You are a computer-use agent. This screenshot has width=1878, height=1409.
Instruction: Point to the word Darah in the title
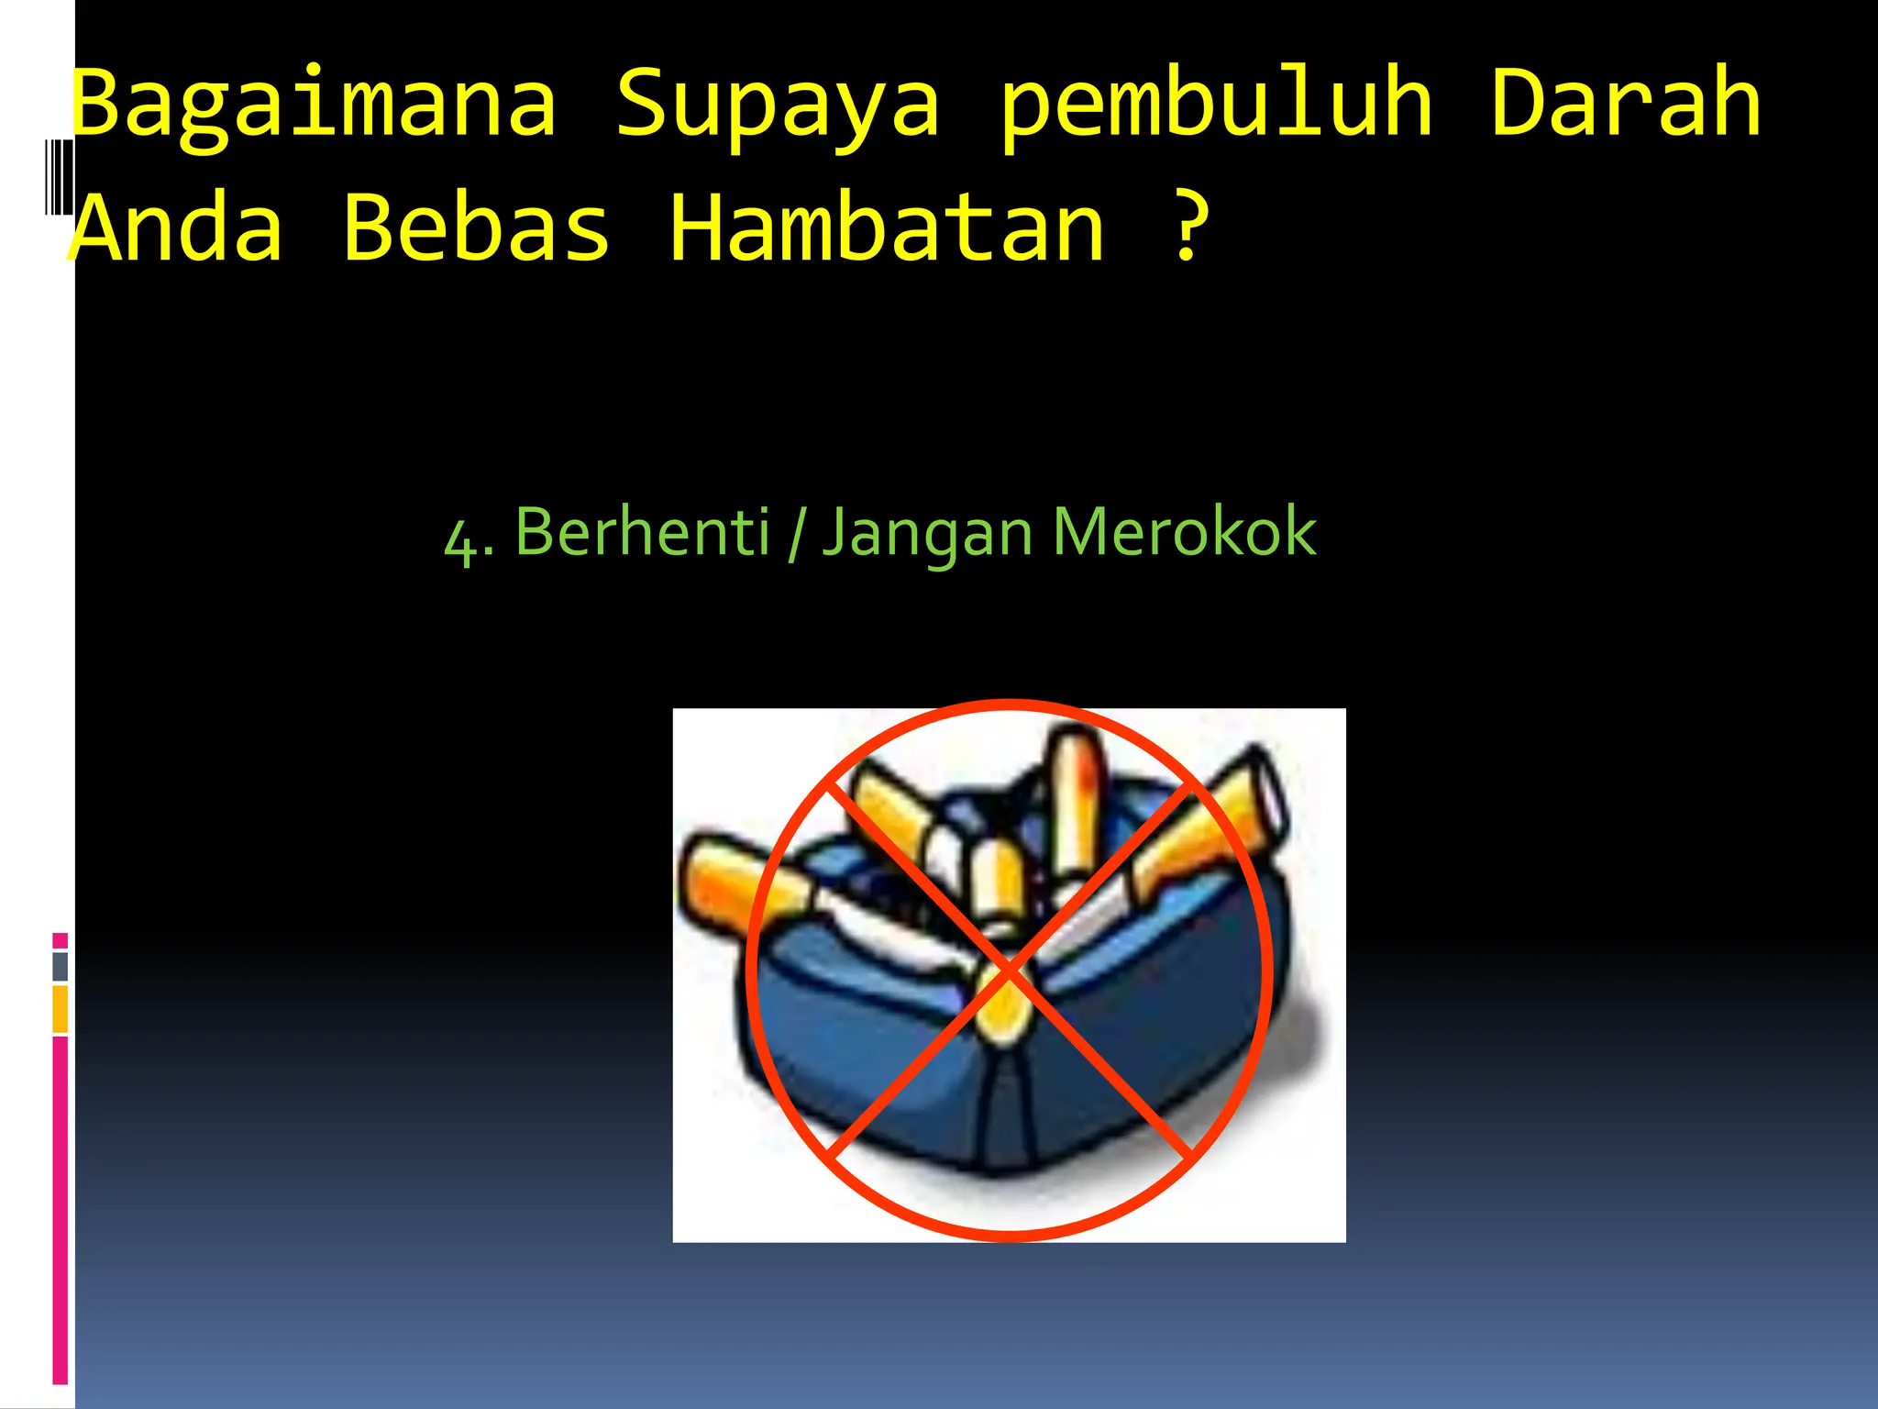click(1625, 103)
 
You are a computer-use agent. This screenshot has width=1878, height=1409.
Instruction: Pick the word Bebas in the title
click(476, 227)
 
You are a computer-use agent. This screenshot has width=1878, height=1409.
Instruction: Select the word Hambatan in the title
click(887, 227)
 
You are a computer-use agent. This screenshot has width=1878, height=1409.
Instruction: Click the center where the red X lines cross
click(1009, 971)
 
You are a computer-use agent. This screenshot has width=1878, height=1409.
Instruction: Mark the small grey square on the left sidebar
click(61, 967)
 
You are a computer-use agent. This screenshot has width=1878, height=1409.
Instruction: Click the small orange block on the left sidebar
click(61, 1009)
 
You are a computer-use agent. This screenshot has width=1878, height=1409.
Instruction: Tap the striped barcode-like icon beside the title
click(58, 176)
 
